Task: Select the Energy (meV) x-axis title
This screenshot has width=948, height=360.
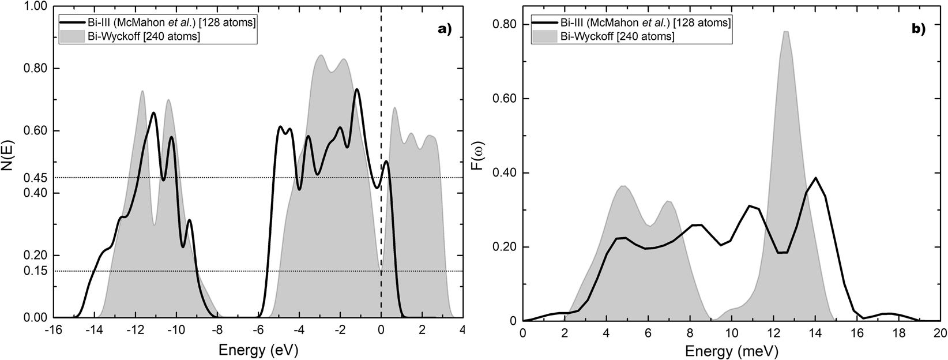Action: click(x=732, y=350)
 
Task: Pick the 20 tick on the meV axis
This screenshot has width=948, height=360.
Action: click(x=940, y=333)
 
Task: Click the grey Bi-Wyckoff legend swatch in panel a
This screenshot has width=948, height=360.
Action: click(x=73, y=36)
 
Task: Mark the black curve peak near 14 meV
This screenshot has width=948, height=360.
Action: click(x=815, y=178)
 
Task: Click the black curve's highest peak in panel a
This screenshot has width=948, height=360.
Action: click(x=357, y=89)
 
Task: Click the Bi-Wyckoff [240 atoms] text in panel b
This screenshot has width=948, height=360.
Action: click(x=618, y=36)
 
